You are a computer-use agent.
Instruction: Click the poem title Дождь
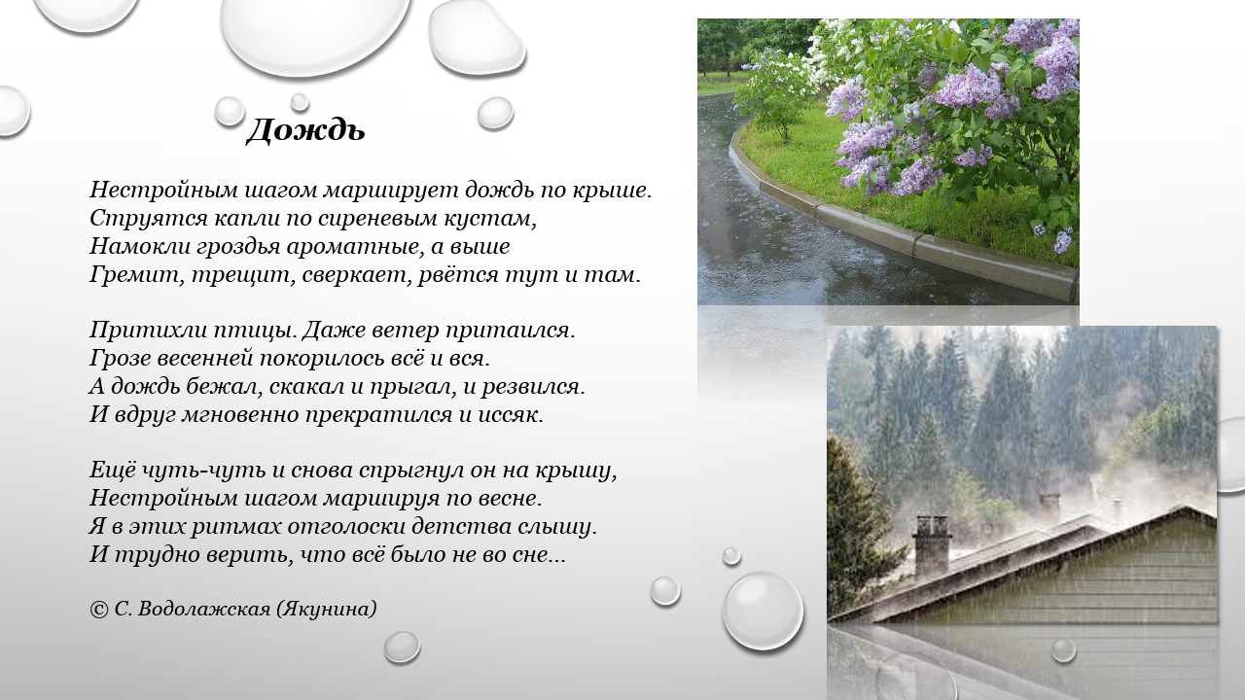pyautogui.click(x=305, y=131)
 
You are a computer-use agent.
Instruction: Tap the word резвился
pyautogui.click(x=532, y=387)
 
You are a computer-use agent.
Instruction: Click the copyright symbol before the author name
pyautogui.click(x=98, y=610)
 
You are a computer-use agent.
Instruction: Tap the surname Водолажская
pyautogui.click(x=203, y=610)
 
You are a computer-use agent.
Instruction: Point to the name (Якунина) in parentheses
pyautogui.click(x=326, y=610)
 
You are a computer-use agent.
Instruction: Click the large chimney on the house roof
pyautogui.click(x=932, y=546)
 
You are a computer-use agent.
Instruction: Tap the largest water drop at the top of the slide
pyautogui.click(x=316, y=33)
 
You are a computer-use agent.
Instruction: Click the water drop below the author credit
pyautogui.click(x=402, y=647)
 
